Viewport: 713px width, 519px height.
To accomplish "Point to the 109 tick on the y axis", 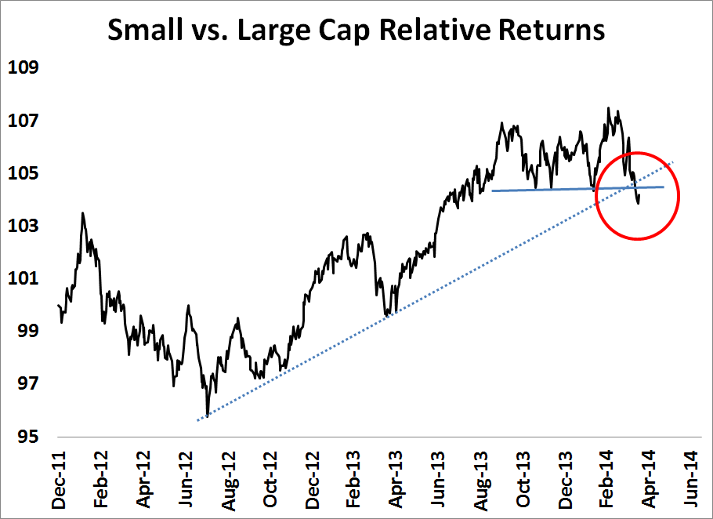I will coord(24,67).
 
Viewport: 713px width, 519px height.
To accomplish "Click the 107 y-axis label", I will coord(24,121).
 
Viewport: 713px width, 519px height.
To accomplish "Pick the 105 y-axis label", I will coord(24,173).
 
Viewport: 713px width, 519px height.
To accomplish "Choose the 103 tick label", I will coord(24,226).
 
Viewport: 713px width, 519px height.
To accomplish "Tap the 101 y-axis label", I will coord(24,278).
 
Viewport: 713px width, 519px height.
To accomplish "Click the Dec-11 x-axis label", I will coord(60,479).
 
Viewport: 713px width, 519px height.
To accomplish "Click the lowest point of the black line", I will coord(208,416).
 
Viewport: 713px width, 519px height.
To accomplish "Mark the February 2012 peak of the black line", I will coord(82,212).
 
